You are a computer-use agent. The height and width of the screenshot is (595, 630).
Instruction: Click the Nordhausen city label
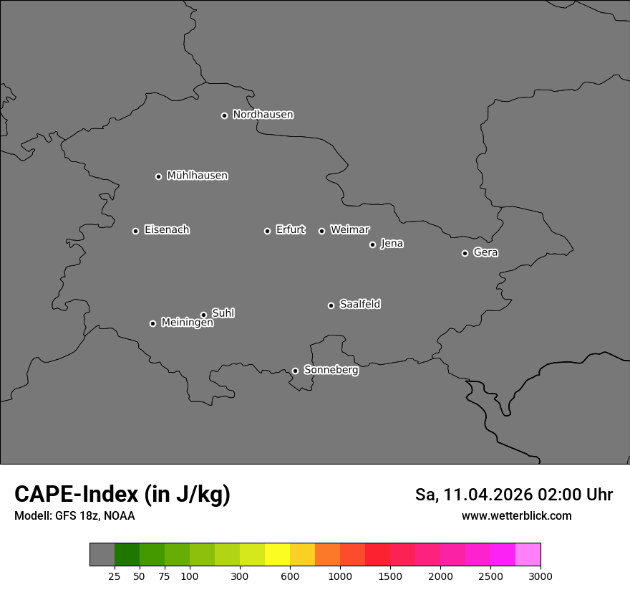[x=263, y=115]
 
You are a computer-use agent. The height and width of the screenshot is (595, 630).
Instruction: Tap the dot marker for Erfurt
[x=267, y=231]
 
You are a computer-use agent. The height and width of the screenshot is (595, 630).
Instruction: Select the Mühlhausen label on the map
[x=197, y=176]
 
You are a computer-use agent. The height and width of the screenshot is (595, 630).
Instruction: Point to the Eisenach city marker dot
[x=135, y=231]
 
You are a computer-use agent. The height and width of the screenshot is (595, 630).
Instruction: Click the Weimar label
[x=349, y=230]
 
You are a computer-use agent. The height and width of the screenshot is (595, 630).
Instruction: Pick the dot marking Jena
[x=372, y=244]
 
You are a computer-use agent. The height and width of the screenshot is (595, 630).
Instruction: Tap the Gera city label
[x=485, y=252]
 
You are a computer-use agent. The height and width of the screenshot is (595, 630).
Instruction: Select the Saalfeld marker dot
[x=331, y=305]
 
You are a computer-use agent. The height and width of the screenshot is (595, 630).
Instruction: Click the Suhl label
[x=223, y=313]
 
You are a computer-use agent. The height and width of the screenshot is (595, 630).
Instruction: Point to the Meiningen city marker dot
[x=152, y=323]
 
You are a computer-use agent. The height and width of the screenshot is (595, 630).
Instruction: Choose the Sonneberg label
[x=331, y=370]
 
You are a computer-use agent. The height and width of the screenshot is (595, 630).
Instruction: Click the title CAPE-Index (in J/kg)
[x=122, y=494]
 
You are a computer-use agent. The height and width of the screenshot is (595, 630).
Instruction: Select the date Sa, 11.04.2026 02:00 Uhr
[x=513, y=495]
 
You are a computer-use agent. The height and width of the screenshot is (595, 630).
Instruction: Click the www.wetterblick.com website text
[x=516, y=515]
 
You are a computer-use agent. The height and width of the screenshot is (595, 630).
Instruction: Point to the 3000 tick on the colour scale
[x=540, y=576]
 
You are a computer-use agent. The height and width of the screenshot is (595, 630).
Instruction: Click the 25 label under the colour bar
[x=115, y=576]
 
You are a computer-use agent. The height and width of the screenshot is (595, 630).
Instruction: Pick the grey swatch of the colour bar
[x=102, y=554]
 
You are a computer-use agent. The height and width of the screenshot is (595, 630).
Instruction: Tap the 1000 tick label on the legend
[x=340, y=576]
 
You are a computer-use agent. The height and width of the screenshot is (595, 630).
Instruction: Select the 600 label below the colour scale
[x=290, y=576]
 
